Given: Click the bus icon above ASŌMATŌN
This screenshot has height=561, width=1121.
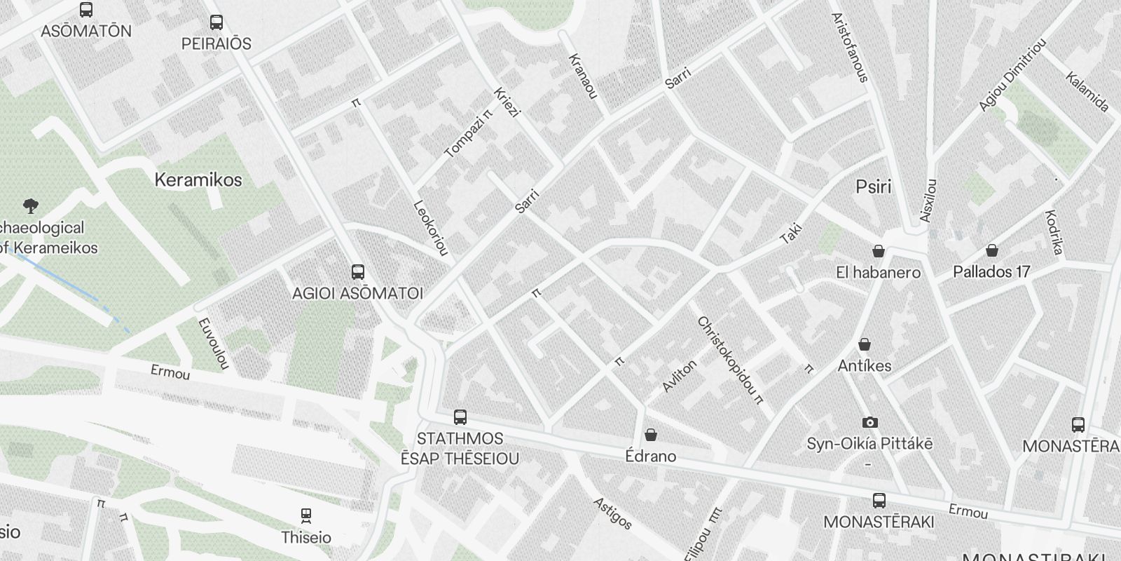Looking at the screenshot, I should [x=86, y=10].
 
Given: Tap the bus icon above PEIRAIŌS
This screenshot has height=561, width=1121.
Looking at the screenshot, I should [x=216, y=22].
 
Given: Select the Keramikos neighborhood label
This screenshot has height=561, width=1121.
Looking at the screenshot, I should [x=198, y=180].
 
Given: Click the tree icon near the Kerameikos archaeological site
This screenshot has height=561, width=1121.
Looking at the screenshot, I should [x=30, y=206].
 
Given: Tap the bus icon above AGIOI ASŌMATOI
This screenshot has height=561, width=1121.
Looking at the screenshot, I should [x=357, y=272].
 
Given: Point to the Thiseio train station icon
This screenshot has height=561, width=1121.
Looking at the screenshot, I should [x=305, y=516].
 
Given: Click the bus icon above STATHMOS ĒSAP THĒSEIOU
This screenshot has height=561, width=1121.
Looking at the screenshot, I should [x=460, y=417].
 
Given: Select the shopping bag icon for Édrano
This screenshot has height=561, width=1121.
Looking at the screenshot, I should [x=651, y=435].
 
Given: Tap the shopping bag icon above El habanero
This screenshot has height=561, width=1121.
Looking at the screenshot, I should [x=878, y=251].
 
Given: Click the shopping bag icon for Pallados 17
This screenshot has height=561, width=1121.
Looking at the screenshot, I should [x=991, y=250].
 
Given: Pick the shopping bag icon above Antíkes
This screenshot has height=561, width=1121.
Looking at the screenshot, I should [x=865, y=344].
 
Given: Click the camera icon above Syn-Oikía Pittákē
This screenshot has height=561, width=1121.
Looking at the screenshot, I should [x=869, y=422].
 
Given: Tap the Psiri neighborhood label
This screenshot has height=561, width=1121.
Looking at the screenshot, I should [x=874, y=187].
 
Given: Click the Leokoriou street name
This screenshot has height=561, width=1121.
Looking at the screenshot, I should [x=431, y=228].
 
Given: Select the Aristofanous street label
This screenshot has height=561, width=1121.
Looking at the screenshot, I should [x=850, y=47].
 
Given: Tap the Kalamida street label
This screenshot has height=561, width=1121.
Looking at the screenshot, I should [x=1087, y=92].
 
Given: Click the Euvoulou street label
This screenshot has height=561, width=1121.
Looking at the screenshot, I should [x=214, y=344].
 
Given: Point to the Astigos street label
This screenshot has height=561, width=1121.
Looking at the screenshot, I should [x=612, y=513].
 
